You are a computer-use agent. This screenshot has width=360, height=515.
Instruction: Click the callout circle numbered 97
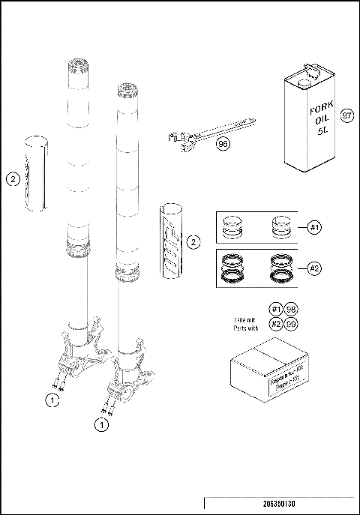[x=346, y=116]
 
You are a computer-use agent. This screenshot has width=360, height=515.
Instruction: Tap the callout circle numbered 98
[x=292, y=310]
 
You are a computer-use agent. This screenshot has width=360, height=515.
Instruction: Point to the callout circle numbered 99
[x=292, y=324]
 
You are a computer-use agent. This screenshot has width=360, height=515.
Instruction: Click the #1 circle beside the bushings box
[x=316, y=226]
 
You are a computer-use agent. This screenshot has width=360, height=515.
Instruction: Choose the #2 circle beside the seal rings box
[x=316, y=267]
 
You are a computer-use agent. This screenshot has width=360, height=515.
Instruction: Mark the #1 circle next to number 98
[x=277, y=310]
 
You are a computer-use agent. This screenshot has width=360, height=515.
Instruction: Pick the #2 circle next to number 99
[x=277, y=324]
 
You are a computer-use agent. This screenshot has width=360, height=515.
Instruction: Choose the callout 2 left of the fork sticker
[x=13, y=179]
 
